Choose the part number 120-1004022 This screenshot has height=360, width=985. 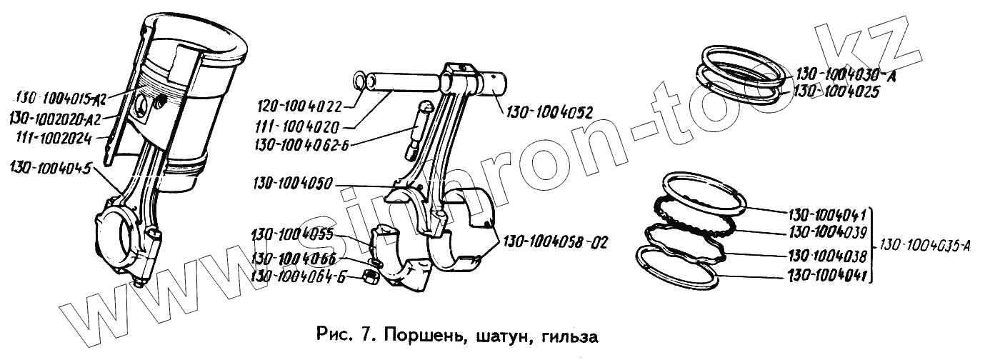pyautogui.click(x=300, y=107)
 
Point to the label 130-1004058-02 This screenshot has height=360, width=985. pyautogui.click(x=555, y=241)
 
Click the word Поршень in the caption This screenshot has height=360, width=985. pyautogui.click(x=420, y=334)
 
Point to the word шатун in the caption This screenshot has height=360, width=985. pyautogui.click(x=501, y=334)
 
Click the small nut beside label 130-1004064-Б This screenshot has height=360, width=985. pyautogui.click(x=371, y=276)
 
